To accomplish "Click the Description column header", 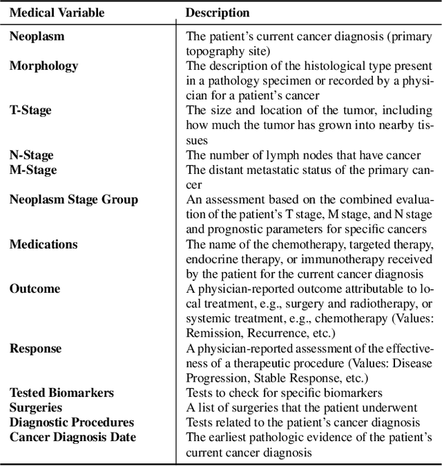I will pos(218,13).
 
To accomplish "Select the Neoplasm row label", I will pos(35,37).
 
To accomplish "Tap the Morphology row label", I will pos(44,66).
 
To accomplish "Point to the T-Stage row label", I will pos(30,110).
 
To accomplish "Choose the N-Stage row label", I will pos(31,155).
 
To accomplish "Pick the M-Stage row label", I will pos(32,170).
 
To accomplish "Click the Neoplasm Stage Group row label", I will pos(73,200).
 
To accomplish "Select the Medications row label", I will pos(44,244).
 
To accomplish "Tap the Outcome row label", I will pos(35,289).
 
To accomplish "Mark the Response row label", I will pos(35,348).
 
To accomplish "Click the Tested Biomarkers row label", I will pos(61,392).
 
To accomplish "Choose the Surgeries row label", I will pos(35,407).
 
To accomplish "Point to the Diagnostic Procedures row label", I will pos(71,422).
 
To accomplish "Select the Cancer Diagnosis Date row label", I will pos(73,437).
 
